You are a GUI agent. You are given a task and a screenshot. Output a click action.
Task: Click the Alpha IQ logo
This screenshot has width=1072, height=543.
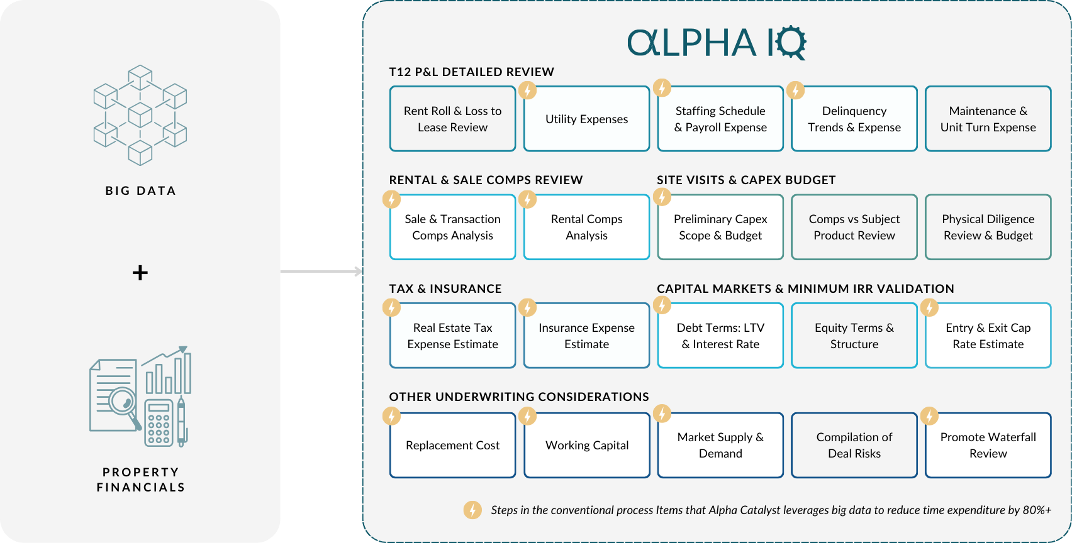pyautogui.click(x=717, y=43)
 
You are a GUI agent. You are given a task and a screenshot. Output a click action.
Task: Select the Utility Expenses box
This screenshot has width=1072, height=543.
pyautogui.click(x=586, y=119)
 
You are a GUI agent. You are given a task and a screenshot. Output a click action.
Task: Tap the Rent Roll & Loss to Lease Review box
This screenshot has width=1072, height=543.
pyautogui.click(x=452, y=119)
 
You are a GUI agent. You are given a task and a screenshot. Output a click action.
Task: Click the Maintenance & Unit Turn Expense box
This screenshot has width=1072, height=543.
pyautogui.click(x=988, y=119)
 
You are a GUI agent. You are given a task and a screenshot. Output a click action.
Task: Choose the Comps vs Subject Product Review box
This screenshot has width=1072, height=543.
pyautogui.click(x=854, y=227)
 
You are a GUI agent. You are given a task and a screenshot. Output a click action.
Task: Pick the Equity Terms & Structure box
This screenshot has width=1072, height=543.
pyautogui.click(x=854, y=336)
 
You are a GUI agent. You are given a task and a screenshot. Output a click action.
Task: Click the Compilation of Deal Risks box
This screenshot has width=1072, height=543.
pyautogui.click(x=854, y=445)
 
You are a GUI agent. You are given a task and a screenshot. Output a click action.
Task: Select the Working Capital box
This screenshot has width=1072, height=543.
pyautogui.click(x=586, y=445)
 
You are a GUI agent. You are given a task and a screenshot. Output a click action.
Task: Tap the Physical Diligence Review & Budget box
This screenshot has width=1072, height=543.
pyautogui.click(x=988, y=227)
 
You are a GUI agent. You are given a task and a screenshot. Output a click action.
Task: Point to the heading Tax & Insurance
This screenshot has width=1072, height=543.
pyautogui.click(x=445, y=288)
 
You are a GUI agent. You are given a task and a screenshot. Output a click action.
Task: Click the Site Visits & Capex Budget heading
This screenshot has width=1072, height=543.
pyautogui.click(x=746, y=180)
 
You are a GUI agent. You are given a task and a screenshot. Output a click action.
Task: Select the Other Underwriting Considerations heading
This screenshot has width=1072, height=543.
pyautogui.click(x=519, y=397)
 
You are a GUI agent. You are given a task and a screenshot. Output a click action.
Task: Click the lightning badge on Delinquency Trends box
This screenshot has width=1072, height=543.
pyautogui.click(x=795, y=90)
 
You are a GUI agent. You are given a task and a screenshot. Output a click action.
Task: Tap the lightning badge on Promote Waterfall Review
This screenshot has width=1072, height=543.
pyautogui.click(x=929, y=415)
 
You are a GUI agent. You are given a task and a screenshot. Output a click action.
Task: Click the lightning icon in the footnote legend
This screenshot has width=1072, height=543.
pyautogui.click(x=472, y=510)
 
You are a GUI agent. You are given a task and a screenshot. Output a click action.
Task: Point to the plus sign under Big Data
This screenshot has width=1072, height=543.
pyautogui.click(x=140, y=273)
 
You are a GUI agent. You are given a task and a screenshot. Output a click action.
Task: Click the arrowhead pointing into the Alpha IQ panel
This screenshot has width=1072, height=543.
pyautogui.click(x=359, y=271)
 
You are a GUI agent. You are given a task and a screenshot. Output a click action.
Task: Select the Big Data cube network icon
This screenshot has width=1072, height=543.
pyautogui.click(x=140, y=115)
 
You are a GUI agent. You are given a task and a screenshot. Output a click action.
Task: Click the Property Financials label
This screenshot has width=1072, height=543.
pyautogui.click(x=140, y=480)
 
